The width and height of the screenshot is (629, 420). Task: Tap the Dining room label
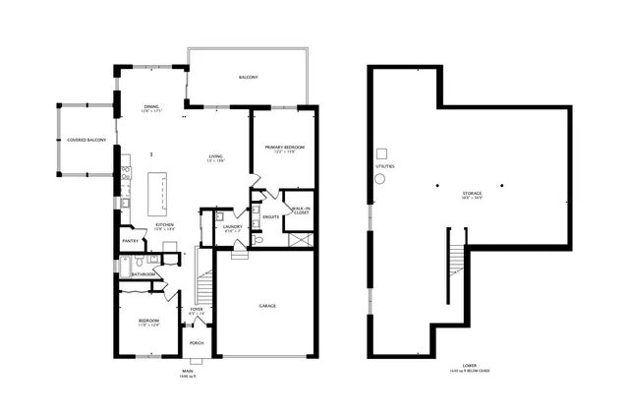(x=151, y=108)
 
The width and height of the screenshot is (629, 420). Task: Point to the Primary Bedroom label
(x=286, y=149)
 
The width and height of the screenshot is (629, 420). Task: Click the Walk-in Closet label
(x=300, y=210)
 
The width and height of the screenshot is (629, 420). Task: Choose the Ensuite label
(x=271, y=215)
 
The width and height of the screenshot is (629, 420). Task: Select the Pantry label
(x=130, y=240)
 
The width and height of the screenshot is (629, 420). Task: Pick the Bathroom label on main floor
(x=143, y=274)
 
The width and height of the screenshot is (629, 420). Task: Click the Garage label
(x=267, y=306)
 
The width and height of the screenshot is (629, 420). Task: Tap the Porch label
(x=197, y=343)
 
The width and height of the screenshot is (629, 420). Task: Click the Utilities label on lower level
(x=384, y=166)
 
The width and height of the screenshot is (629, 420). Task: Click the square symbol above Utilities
(x=385, y=153)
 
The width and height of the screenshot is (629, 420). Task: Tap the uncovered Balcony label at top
(x=249, y=77)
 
